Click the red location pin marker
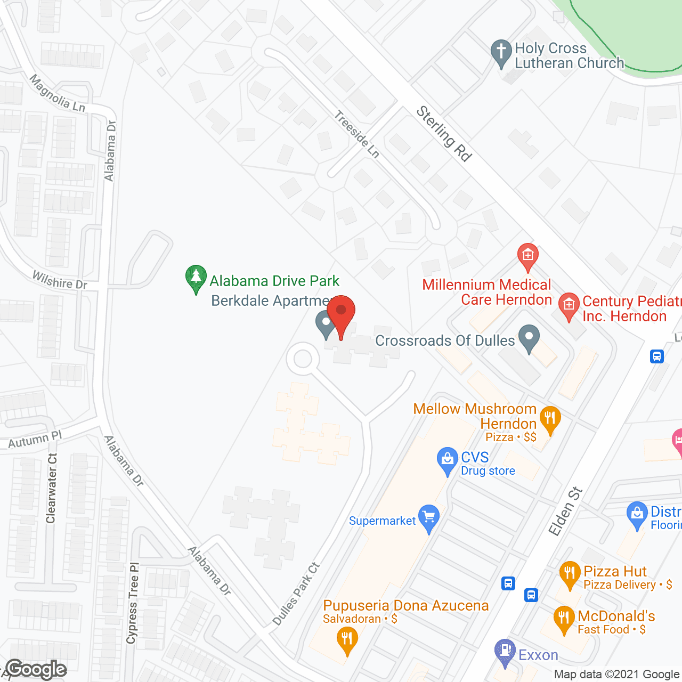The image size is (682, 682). (x=341, y=314)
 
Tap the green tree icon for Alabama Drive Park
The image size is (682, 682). (x=196, y=278)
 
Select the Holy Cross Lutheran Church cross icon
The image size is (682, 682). (x=501, y=53)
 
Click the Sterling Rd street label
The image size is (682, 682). (x=444, y=133)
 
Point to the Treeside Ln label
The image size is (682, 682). (x=357, y=134)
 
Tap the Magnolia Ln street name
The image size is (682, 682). (x=57, y=94)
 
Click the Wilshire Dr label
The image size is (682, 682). (x=60, y=280)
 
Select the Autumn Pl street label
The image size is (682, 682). (x=35, y=440)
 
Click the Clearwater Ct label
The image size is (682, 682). (x=52, y=488)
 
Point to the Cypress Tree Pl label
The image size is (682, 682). (x=133, y=603)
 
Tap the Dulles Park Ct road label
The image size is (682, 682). (x=296, y=594)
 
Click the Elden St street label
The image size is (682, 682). (x=566, y=511)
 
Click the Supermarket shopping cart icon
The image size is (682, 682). (x=428, y=517)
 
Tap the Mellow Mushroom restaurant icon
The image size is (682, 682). (x=550, y=419)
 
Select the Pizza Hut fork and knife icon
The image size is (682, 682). (x=570, y=574)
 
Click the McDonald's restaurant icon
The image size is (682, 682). (x=563, y=619)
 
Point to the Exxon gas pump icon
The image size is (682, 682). (x=505, y=652)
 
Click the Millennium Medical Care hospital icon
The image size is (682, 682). (x=527, y=255)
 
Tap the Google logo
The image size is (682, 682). (x=36, y=669)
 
